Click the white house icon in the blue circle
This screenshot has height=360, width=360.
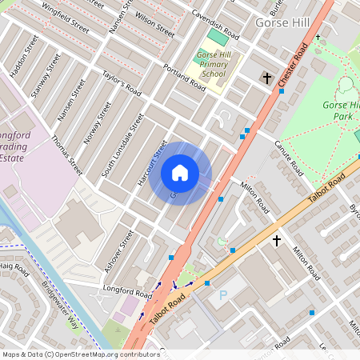(180, 173)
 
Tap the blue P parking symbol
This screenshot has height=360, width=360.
(223, 295)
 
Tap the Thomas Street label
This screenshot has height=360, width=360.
(66, 154)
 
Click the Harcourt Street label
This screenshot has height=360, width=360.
(151, 164)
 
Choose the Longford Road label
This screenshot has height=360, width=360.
(126, 289)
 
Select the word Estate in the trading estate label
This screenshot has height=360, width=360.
(18, 158)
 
